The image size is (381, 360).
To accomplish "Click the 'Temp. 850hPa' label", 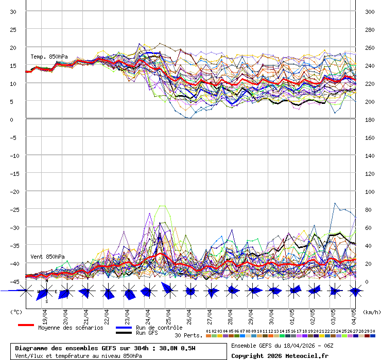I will tap(49, 57).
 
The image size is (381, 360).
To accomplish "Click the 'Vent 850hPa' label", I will tap(47, 256).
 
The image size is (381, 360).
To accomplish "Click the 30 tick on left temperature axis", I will tap(14, 12).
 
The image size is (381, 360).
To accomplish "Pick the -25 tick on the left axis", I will tap(14, 209).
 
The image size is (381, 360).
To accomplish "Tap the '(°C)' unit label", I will tap(16, 312).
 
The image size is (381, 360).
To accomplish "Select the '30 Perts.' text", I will tap(188, 335).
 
